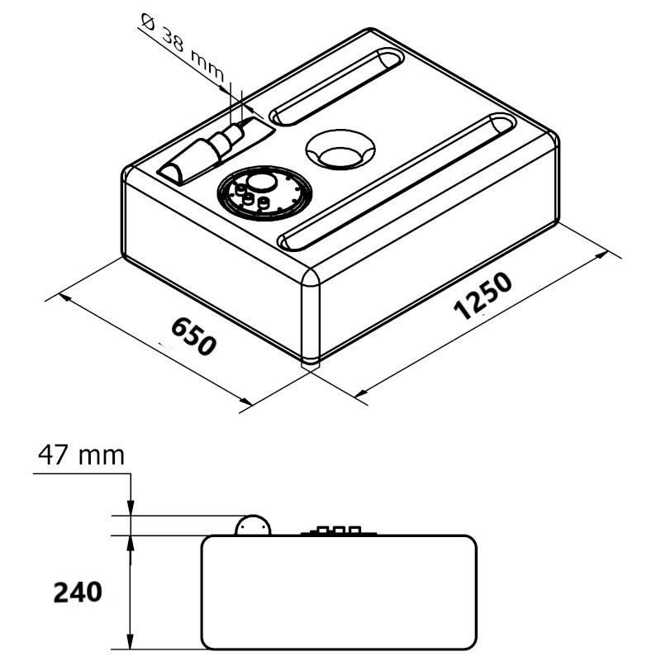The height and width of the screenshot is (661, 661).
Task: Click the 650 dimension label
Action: click(194, 336)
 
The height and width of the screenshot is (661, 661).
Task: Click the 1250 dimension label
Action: click(483, 296)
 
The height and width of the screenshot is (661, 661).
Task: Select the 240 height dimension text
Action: click(78, 592)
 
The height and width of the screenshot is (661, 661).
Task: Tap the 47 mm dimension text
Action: click(81, 455)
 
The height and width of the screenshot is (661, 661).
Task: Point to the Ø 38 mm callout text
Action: click(183, 47)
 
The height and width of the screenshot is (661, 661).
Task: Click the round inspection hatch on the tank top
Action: click(264, 193)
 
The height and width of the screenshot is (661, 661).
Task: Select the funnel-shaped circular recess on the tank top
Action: click(340, 150)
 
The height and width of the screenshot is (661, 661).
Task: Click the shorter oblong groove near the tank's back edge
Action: click(336, 88)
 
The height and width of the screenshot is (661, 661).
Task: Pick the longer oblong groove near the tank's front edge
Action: click(397, 182)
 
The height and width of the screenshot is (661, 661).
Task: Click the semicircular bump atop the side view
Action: click(253, 525)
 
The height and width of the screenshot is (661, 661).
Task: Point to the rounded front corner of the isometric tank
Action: click(311, 316)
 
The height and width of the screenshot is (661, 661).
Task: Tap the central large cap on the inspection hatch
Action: click(262, 182)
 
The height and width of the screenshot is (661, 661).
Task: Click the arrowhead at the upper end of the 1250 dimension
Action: click(602, 256)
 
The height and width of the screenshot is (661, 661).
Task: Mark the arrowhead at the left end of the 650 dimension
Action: click(64, 297)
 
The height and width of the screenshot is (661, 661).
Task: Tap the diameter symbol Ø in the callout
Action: click(148, 21)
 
